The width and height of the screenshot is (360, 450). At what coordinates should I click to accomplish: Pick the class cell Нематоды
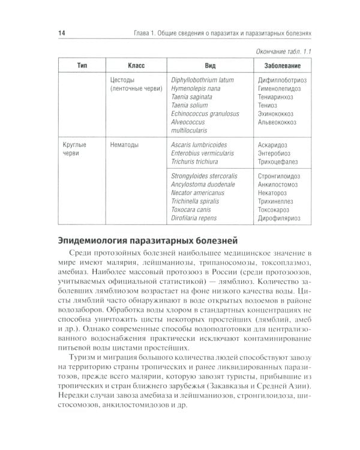(x=128, y=145)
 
